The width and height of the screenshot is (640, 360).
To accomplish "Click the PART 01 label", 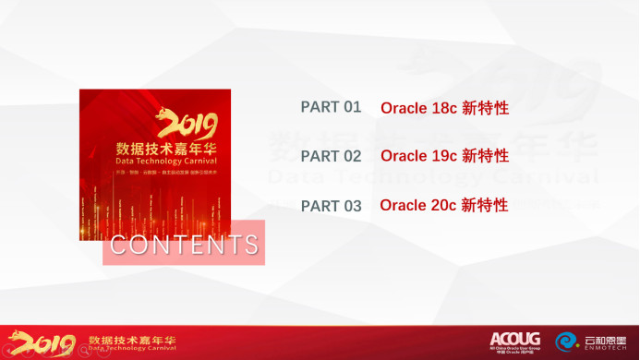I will point(331,107).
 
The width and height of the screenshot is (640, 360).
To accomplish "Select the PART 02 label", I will point(331,156).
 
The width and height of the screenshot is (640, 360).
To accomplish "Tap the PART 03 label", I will point(331,206).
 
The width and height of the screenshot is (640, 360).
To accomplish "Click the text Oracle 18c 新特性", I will point(444,108).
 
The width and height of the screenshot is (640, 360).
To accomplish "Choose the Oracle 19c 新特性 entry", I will point(444,156).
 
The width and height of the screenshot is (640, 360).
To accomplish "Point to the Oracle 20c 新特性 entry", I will point(443,205).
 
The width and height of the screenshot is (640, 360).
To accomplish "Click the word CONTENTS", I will point(184,246).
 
